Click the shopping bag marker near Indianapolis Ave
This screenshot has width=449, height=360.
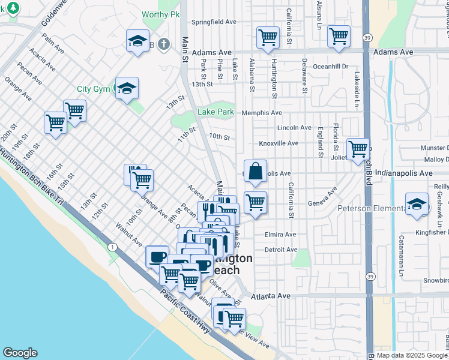(255, 171)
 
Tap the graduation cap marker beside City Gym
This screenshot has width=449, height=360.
(127, 89)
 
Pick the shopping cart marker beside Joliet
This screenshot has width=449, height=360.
(358, 148)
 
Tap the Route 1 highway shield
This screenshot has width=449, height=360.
(112, 247)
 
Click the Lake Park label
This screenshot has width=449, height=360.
(216, 112)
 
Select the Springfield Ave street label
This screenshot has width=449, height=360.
(214, 22)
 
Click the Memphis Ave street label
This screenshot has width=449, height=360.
(262, 113)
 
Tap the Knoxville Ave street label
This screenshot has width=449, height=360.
(279, 143)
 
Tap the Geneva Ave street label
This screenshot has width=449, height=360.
(322, 197)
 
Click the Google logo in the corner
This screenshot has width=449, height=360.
(20, 353)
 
